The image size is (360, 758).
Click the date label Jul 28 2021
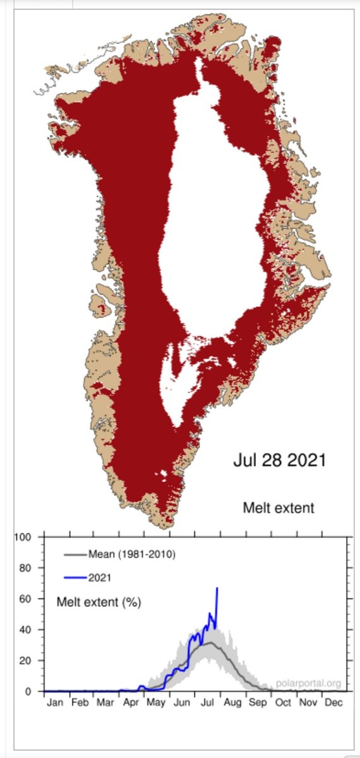tap(279, 460)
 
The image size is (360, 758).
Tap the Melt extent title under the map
tap(278, 508)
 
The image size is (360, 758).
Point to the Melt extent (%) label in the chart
tap(99, 602)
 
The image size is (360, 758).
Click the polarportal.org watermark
tap(308, 683)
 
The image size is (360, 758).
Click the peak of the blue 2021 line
tap(217, 588)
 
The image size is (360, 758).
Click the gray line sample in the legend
tap(75, 555)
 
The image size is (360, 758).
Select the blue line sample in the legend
tap(75, 577)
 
